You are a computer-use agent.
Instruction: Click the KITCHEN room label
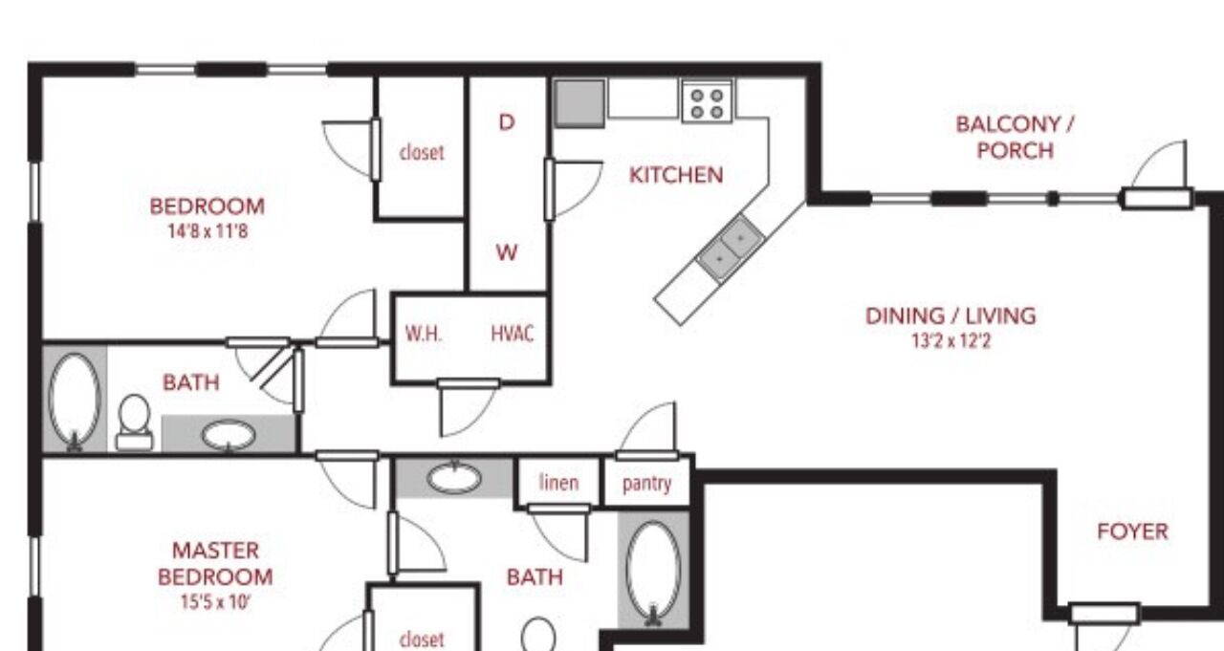click(676, 175)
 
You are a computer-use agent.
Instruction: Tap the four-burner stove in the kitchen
click(707, 102)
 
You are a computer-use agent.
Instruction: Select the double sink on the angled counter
click(730, 248)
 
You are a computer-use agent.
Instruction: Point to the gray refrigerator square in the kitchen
click(579, 104)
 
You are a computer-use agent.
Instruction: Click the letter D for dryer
click(507, 122)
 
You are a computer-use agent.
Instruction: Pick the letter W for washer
click(507, 252)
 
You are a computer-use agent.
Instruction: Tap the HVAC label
click(512, 333)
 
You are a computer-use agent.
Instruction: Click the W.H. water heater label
click(424, 333)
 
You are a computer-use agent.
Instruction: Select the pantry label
click(647, 484)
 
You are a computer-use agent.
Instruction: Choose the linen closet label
click(558, 482)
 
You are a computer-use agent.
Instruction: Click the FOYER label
click(1133, 532)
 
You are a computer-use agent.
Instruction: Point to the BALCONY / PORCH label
click(1016, 137)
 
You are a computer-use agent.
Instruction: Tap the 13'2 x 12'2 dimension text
click(951, 341)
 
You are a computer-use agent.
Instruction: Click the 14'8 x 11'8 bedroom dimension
click(208, 231)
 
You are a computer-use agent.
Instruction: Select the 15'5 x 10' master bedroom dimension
click(215, 602)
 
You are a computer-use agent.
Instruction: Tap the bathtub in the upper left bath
click(75, 401)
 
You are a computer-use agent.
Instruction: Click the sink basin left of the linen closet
click(454, 478)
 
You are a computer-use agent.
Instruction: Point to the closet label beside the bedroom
click(422, 152)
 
